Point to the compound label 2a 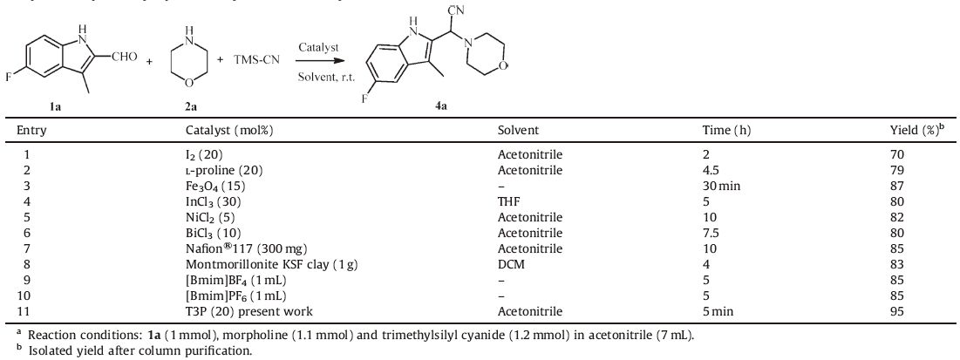[x=190, y=106]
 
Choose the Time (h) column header [x=727, y=130]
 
